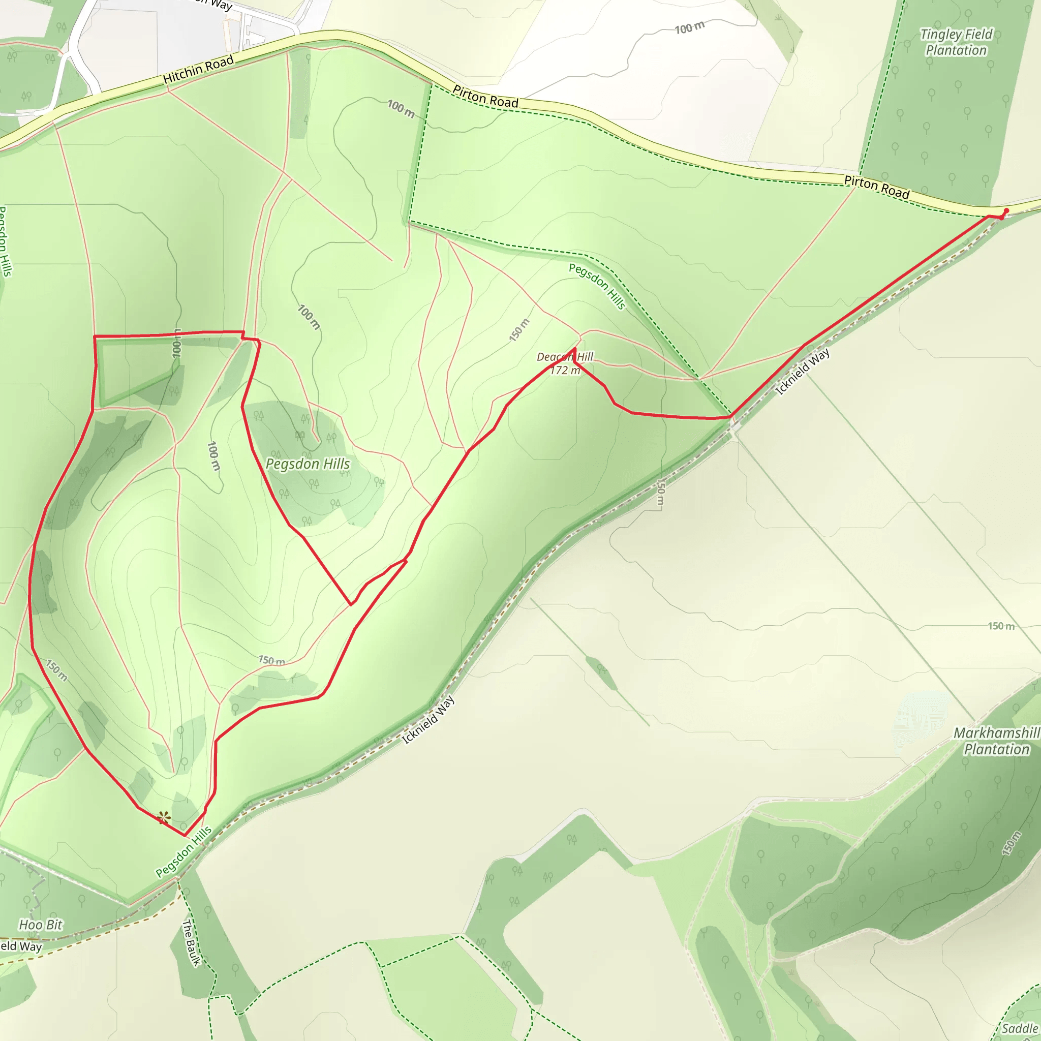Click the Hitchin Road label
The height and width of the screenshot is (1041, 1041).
[x=198, y=70]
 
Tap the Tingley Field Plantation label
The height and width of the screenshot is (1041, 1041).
[x=956, y=42]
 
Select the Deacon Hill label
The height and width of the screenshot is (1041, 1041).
[x=565, y=357]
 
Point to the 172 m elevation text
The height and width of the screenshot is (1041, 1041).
[x=565, y=370]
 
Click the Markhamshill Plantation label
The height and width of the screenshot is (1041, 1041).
[x=996, y=741]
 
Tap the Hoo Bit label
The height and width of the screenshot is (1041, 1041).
[x=41, y=925]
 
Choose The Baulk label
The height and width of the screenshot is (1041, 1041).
[x=191, y=943]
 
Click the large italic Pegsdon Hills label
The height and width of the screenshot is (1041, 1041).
[x=308, y=464]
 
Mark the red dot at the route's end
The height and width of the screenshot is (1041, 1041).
[x=1006, y=210]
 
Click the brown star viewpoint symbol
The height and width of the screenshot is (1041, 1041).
[x=164, y=817]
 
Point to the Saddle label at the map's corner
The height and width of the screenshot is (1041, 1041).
[x=1021, y=1028]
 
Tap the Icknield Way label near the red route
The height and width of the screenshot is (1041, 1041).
[x=802, y=372]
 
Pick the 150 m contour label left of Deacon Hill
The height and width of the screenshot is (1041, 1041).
[x=519, y=330]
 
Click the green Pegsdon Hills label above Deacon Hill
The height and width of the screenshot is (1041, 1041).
[x=597, y=287]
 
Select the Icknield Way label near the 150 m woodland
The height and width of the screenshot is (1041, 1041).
[x=429, y=720]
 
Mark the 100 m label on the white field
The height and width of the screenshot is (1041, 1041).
[x=689, y=27]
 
